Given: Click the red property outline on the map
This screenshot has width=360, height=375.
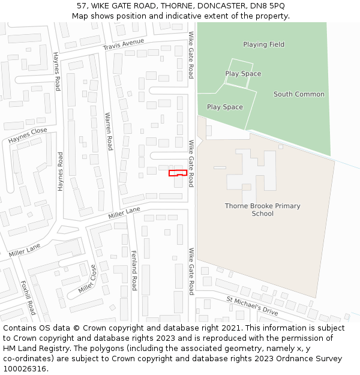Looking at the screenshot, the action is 175,173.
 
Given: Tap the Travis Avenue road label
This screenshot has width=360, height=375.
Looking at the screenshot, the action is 124,45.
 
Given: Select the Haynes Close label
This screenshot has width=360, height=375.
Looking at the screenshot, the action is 28,136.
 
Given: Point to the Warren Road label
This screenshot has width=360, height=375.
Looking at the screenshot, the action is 109,131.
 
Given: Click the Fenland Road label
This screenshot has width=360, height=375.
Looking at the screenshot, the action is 134,271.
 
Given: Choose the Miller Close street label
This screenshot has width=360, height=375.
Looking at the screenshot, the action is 86,279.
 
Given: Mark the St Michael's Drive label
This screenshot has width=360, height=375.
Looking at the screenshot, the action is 252,305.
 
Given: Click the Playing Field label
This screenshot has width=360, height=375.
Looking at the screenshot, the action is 263,44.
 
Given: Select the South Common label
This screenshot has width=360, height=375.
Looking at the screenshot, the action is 299,94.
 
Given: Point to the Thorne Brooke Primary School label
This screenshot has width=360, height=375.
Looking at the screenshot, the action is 263,209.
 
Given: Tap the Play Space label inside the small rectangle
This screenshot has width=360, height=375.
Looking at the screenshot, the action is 243,74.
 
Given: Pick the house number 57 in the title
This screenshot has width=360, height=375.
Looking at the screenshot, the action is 82,6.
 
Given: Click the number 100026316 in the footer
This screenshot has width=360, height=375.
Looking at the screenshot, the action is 25,368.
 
